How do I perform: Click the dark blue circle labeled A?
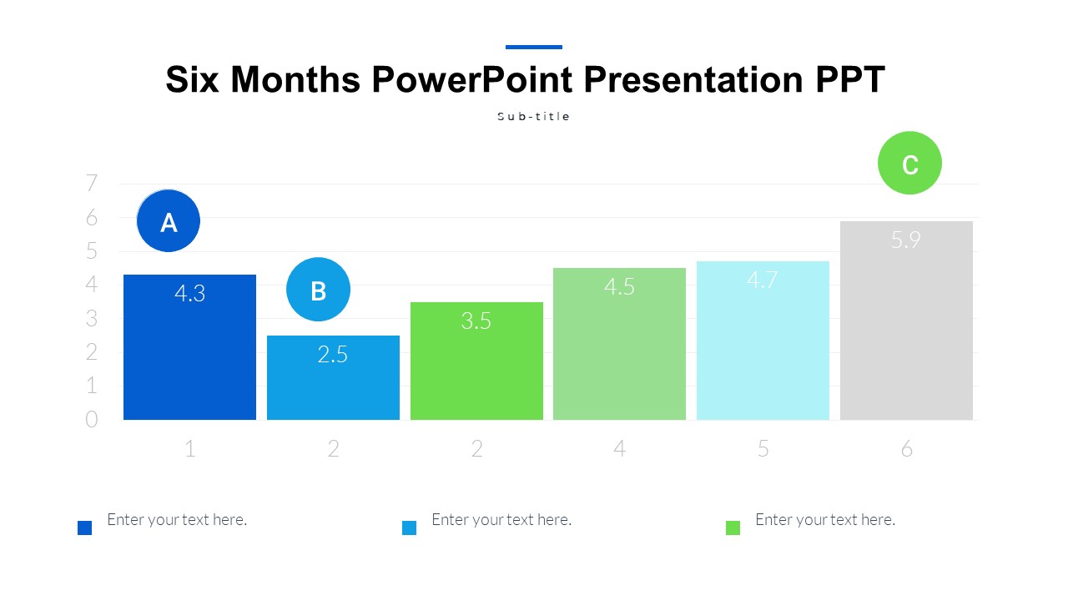[x=169, y=221]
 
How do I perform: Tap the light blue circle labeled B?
[x=318, y=290]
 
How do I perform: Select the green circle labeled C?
[x=909, y=164]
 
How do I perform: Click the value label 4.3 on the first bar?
[x=189, y=294]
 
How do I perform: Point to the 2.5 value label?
[x=332, y=355]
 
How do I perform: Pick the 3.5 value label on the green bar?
[x=476, y=321]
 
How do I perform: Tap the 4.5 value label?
[x=619, y=287]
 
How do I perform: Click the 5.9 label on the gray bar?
[x=905, y=240]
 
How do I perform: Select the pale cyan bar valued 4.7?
[x=763, y=351]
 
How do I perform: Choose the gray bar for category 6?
[x=906, y=334]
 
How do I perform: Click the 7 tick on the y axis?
[x=92, y=184]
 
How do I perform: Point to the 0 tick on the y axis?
[x=92, y=420]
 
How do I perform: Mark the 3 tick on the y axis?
[x=92, y=319]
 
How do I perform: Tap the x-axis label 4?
[x=619, y=449]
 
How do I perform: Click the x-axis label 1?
[x=190, y=449]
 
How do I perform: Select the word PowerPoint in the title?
[x=471, y=80]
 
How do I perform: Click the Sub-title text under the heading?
[x=533, y=117]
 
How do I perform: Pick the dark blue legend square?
[x=84, y=528]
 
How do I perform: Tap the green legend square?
[x=733, y=528]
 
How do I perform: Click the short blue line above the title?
[x=533, y=47]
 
